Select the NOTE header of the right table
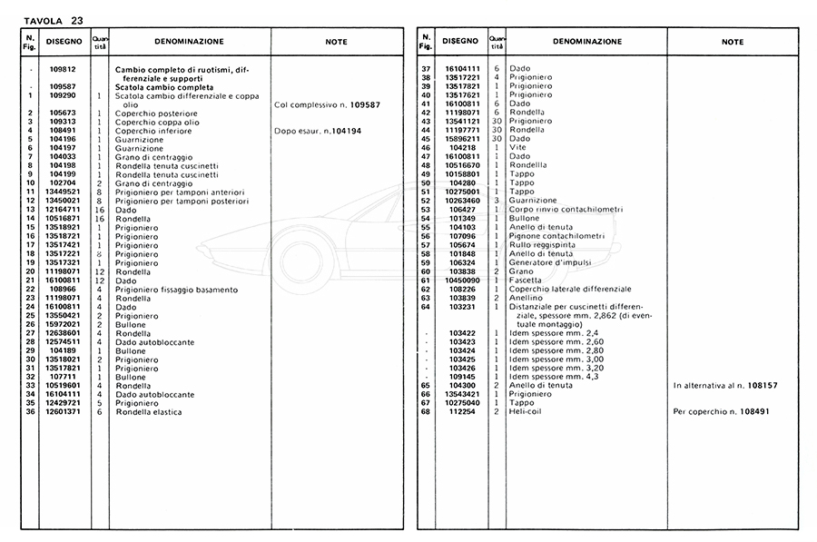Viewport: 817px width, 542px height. (x=733, y=42)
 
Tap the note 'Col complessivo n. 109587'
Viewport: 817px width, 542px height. (x=327, y=104)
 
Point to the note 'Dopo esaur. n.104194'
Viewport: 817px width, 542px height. (x=318, y=131)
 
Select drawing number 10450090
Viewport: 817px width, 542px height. (x=462, y=281)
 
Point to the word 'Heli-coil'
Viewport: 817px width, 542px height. (x=526, y=412)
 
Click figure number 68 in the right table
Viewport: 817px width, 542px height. (x=426, y=412)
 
